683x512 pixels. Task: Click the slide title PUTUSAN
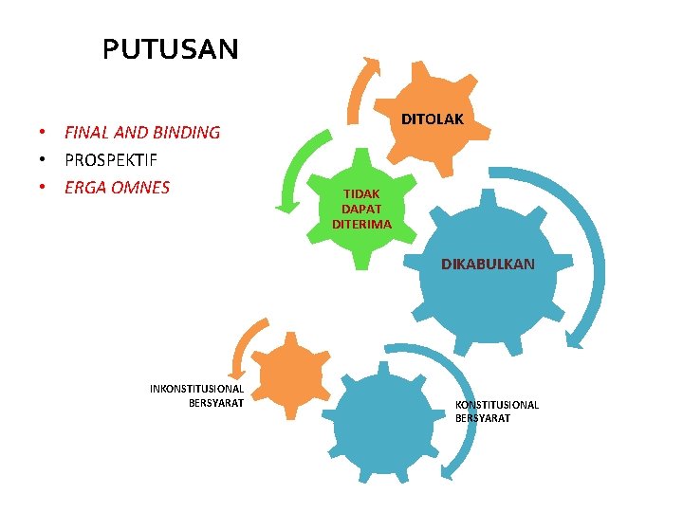coord(171,49)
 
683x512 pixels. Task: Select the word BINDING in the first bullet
coord(187,133)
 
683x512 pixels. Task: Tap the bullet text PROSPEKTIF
coord(110,160)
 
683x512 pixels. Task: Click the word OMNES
coord(138,188)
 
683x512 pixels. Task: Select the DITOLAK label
coord(432,119)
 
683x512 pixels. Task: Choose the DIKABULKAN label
coord(488,265)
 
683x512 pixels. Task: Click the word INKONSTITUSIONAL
coord(197,389)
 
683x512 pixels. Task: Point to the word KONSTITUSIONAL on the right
coord(497,405)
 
